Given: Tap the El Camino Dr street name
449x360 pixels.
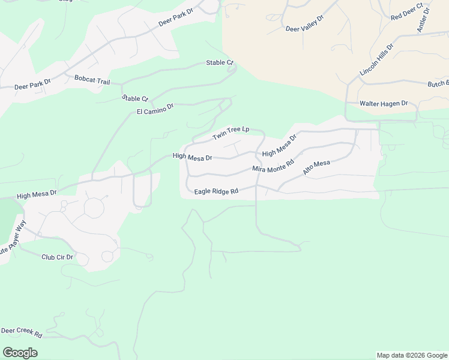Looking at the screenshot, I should (x=155, y=109).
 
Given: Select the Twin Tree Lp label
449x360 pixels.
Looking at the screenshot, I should (x=231, y=133).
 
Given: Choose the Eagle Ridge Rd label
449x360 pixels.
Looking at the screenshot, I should (x=216, y=191).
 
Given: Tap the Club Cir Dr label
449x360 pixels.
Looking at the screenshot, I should (x=57, y=257).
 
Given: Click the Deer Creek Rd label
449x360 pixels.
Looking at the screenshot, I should (x=21, y=332).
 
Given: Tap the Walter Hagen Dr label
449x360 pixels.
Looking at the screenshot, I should (x=384, y=104).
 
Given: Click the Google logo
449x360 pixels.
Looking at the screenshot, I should (x=20, y=353).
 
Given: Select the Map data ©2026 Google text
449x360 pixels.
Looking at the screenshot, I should (x=412, y=355).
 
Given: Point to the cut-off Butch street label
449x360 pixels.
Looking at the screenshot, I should (x=438, y=85).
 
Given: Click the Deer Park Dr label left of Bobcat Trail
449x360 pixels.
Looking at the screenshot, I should (x=32, y=85).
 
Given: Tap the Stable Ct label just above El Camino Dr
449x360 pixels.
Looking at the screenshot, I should (x=135, y=98).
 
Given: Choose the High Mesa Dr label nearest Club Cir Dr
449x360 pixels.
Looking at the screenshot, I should (x=37, y=194).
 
